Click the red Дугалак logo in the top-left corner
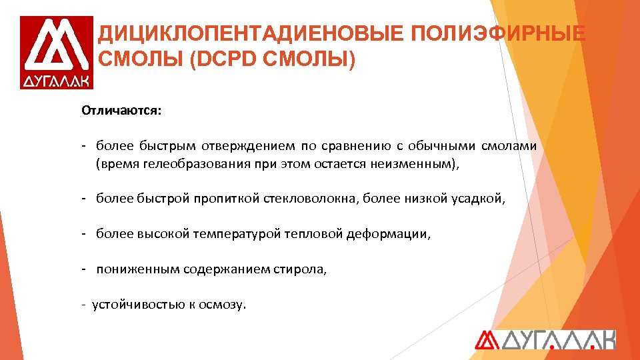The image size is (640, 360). point(56,53)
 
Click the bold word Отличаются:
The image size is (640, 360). point(121,109)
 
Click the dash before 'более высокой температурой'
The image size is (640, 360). point(85,234)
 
